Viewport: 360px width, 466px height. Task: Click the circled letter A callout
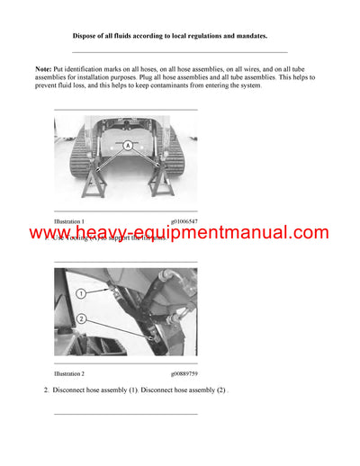127,145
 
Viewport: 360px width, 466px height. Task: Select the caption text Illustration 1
69,220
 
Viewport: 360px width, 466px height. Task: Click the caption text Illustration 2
69,372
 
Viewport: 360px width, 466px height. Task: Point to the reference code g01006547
185,220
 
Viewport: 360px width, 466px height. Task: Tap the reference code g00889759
185,372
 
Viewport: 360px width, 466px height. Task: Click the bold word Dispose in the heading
85,35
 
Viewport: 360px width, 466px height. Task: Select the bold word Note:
44,69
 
